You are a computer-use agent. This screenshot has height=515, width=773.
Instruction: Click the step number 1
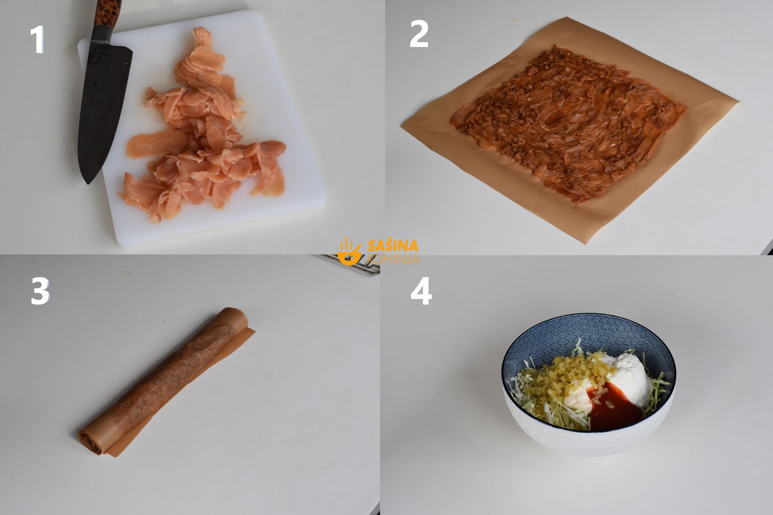37,40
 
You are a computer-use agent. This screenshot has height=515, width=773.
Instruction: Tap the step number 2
419,34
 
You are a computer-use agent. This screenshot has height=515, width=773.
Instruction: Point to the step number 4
421,290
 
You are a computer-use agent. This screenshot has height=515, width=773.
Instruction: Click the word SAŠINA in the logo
393,245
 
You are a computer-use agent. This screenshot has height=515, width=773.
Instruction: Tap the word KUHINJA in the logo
393,258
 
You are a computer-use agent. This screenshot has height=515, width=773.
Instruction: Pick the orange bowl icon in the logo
349,251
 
